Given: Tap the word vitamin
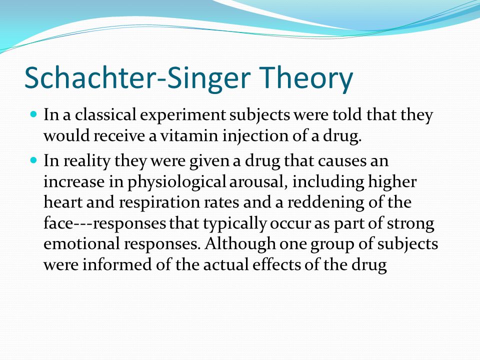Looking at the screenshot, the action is (x=189, y=135).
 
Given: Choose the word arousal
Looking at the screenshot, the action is (x=258, y=182).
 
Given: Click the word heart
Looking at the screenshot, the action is (x=63, y=202).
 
